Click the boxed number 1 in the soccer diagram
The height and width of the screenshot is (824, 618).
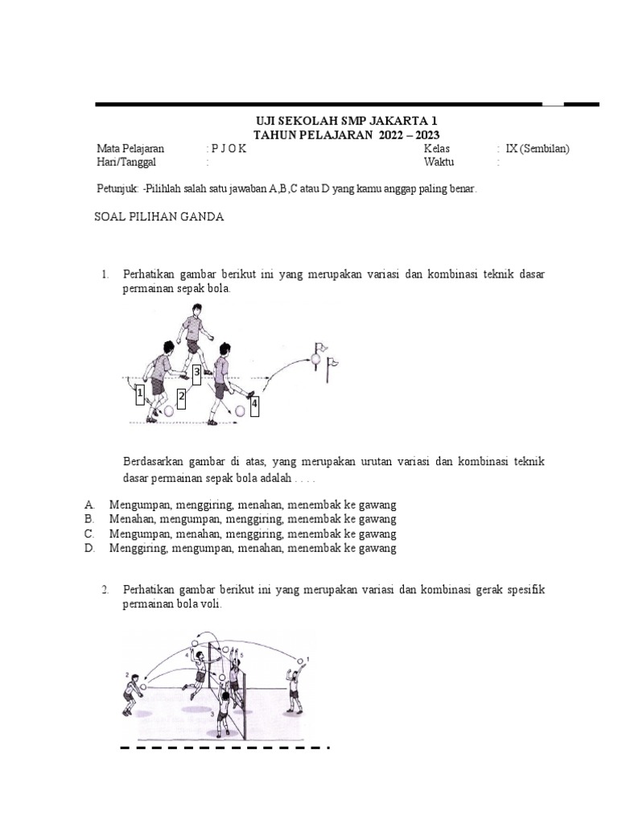point(139,394)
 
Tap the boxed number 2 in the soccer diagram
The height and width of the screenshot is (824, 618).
point(182,397)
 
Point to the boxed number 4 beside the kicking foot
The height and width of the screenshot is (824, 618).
point(255,406)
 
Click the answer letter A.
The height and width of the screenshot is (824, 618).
point(89,505)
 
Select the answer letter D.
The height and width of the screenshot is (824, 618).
point(89,549)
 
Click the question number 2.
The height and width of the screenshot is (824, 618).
point(105,590)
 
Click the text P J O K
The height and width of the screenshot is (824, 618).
point(229,149)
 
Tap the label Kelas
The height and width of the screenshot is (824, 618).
point(437,149)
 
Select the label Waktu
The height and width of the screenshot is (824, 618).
point(439,162)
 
